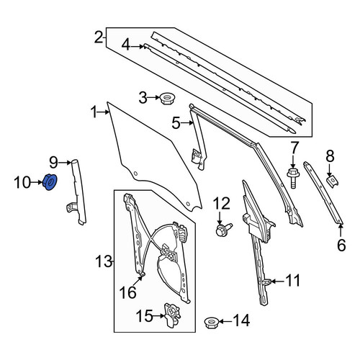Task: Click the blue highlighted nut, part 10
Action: click(x=50, y=182)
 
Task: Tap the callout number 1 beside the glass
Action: click(x=94, y=112)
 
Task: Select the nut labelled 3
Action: click(x=167, y=98)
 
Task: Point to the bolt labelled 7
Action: click(x=293, y=178)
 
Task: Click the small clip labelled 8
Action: click(x=332, y=182)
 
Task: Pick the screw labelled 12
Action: click(x=223, y=230)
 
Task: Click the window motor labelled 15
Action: click(x=172, y=315)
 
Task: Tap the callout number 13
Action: click(x=104, y=261)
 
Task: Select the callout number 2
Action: click(x=98, y=38)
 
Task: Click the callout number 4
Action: click(x=126, y=45)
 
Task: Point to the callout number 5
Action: click(x=176, y=123)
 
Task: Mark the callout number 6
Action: click(x=341, y=245)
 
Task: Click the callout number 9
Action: click(x=54, y=163)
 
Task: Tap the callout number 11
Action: click(x=293, y=280)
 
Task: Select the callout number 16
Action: click(x=128, y=292)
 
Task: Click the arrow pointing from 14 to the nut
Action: click(x=225, y=321)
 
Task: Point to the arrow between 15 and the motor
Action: click(x=159, y=315)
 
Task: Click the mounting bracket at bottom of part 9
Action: click(x=71, y=207)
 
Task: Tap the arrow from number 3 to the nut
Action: click(x=154, y=98)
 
